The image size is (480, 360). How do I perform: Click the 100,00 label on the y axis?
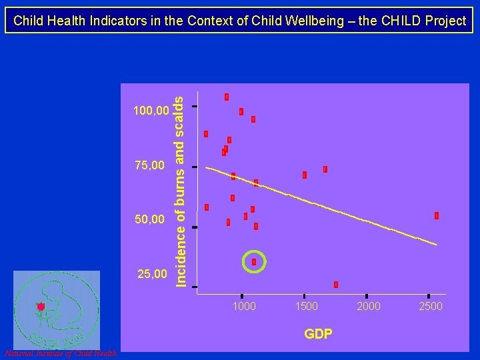(151, 109)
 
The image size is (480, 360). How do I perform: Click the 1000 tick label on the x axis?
(244, 306)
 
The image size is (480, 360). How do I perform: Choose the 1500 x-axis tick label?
(307, 306)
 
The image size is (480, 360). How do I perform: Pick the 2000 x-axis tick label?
(369, 306)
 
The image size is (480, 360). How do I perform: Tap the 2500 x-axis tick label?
(430, 306)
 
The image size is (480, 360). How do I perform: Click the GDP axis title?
(318, 334)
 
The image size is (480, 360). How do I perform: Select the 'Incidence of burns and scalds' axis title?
(179, 190)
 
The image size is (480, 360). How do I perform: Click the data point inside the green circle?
(254, 262)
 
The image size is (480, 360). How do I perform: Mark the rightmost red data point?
(437, 215)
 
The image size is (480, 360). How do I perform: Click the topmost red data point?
(227, 97)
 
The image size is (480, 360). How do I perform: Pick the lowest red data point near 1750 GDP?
(336, 285)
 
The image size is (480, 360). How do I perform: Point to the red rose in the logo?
(41, 307)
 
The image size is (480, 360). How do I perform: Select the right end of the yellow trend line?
(437, 245)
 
